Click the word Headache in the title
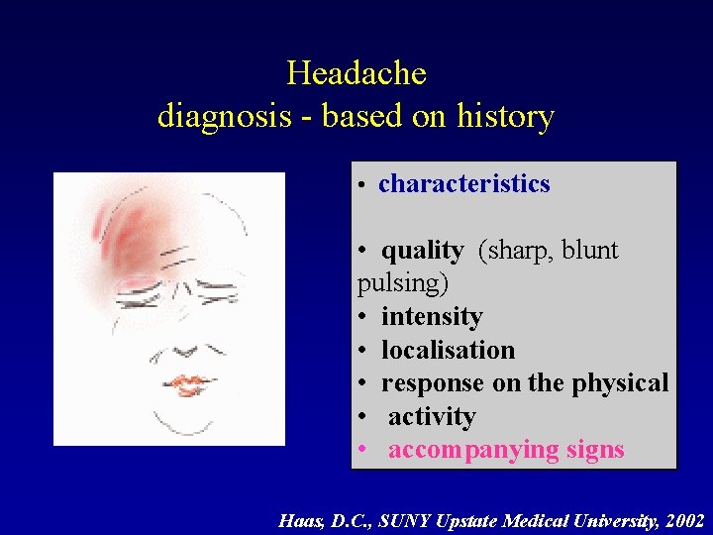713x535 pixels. pos(356,73)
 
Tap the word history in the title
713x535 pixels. pos(505,117)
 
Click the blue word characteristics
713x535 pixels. pos(463,184)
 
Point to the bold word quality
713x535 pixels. pos(422,251)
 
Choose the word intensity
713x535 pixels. pos(432,317)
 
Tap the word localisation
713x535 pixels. pos(448,351)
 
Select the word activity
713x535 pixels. pos(432,417)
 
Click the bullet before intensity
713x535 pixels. pos(363,317)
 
